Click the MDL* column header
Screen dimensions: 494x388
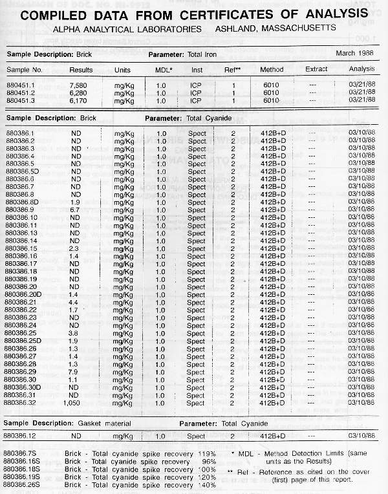click(164, 69)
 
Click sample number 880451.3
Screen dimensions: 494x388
click(22, 100)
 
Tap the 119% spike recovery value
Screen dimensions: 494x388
click(207, 454)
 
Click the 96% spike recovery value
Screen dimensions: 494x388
click(208, 462)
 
